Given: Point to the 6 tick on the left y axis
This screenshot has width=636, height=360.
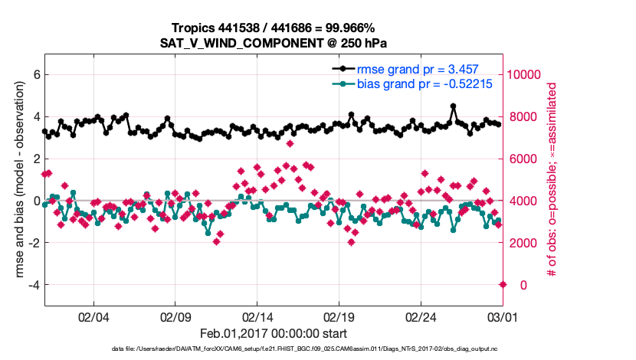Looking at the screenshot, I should (x=36, y=75).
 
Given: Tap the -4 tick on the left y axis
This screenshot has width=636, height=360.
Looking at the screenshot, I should (x=34, y=285).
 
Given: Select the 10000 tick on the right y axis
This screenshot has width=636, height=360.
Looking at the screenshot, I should (x=525, y=75).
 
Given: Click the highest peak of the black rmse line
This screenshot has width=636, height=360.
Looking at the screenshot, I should (x=454, y=106).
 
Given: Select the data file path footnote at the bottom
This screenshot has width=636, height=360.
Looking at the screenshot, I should (x=272, y=349).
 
